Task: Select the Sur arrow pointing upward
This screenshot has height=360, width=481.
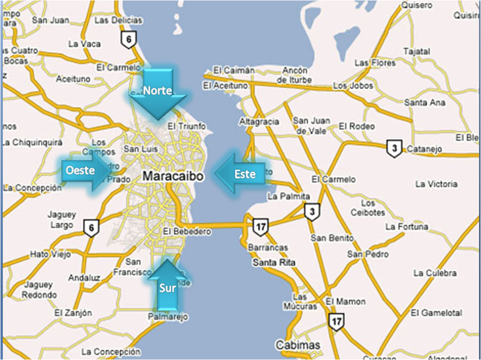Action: click(x=167, y=285)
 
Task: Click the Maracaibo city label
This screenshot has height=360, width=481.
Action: click(x=173, y=176)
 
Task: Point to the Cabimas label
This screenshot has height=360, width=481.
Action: click(x=298, y=346)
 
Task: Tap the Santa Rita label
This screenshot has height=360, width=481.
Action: click(x=274, y=263)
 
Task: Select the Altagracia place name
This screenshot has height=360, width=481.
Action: click(x=259, y=122)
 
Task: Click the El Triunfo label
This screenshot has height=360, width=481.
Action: click(x=186, y=126)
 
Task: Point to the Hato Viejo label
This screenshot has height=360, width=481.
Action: click(x=51, y=254)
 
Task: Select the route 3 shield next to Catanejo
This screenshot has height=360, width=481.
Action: click(x=394, y=149)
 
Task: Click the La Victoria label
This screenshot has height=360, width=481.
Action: click(x=436, y=184)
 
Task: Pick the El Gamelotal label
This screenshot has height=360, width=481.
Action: click(x=436, y=313)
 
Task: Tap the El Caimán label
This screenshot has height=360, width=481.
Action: click(x=234, y=71)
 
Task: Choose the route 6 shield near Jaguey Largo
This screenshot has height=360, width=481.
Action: click(x=91, y=228)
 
